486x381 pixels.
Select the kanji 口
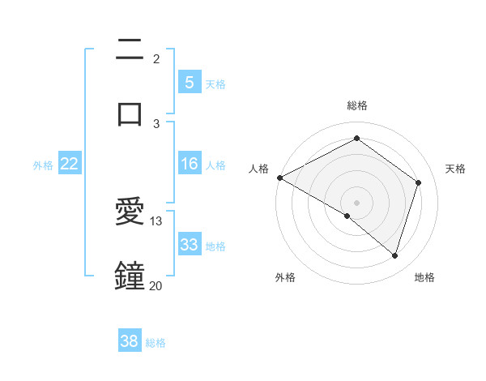click(x=130, y=113)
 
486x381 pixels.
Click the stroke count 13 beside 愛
click(x=156, y=220)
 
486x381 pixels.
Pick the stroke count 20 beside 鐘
click(x=156, y=285)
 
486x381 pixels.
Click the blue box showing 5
click(x=189, y=82)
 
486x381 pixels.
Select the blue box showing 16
click(x=189, y=164)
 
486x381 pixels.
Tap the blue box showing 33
click(x=189, y=245)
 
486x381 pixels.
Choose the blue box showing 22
click(x=70, y=164)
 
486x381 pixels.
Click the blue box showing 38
click(x=130, y=341)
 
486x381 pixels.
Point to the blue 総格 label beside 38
click(x=156, y=343)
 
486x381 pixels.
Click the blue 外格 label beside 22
click(x=43, y=165)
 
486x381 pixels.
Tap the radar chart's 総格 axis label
click(x=357, y=105)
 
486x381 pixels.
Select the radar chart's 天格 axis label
click(x=456, y=169)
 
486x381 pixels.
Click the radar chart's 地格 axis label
click(x=424, y=277)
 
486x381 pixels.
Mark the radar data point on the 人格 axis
click(x=279, y=178)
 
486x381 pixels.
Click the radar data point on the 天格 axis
click(x=419, y=182)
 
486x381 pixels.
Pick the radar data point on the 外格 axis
click(x=347, y=216)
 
